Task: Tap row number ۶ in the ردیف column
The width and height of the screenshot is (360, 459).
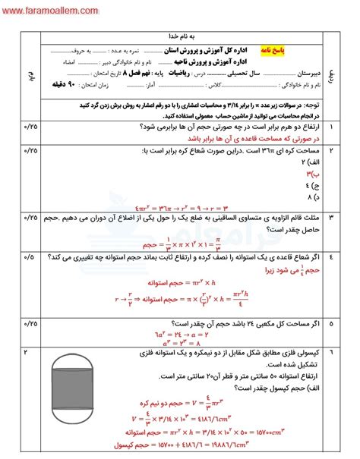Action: coord(342,332)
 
